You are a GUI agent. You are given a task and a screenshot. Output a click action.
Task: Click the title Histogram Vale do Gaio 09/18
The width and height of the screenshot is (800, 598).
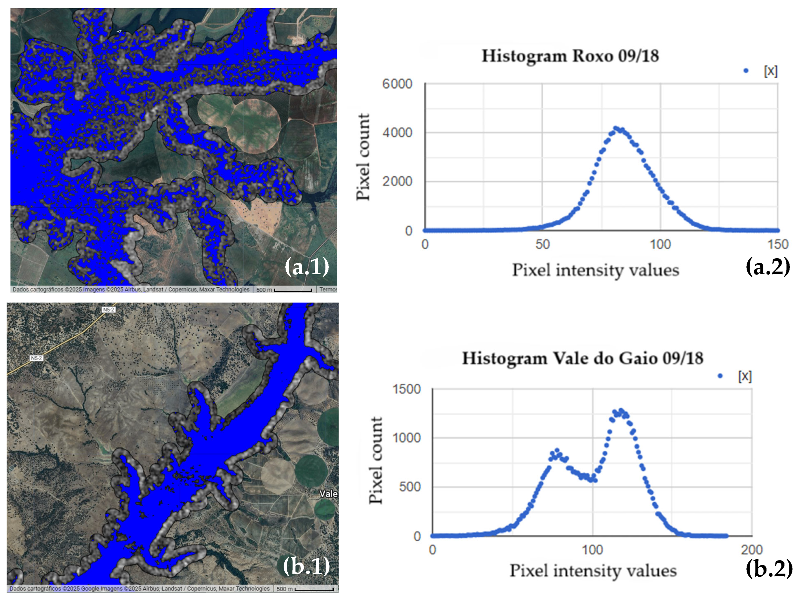(582, 358)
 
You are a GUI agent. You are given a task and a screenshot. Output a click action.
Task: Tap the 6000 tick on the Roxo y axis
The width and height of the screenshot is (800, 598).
(397, 84)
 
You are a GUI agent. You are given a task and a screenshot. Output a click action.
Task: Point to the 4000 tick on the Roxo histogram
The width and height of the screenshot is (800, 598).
(397, 133)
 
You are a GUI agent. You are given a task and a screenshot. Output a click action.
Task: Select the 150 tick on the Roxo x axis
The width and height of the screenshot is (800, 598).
(778, 245)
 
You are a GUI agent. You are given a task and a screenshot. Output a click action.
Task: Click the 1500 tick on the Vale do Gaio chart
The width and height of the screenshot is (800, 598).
(406, 389)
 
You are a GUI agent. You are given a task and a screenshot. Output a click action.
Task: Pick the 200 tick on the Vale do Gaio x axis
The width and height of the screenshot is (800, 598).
(752, 550)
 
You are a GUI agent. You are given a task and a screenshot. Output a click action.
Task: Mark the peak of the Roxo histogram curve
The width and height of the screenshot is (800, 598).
(617, 129)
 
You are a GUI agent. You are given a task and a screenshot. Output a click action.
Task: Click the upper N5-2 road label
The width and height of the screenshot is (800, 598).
(109, 310)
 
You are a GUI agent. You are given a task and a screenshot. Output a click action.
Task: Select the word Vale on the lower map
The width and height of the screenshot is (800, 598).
(328, 494)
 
